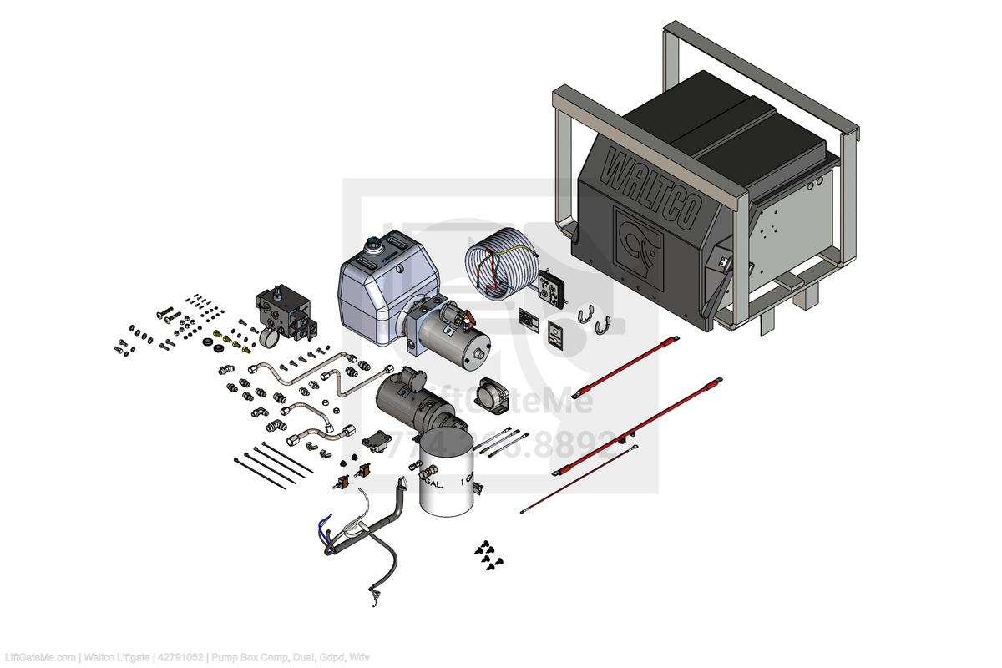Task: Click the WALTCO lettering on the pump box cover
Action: coord(650,188)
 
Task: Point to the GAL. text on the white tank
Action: coord(433,484)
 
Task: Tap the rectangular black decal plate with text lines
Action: coord(529,319)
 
